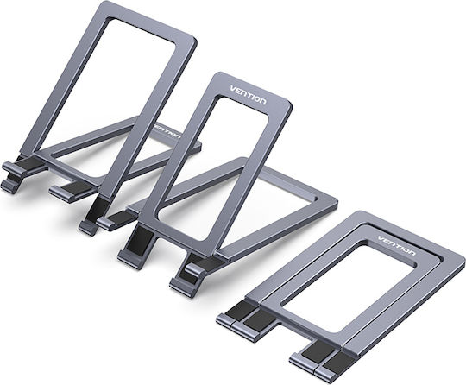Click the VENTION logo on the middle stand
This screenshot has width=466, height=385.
coord(249,95)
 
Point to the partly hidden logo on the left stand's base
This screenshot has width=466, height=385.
coord(167,131)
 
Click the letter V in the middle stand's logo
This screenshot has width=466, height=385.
coord(233,89)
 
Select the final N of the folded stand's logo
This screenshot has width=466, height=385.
coord(412,252)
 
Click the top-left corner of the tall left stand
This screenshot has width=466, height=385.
coord(102,3)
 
